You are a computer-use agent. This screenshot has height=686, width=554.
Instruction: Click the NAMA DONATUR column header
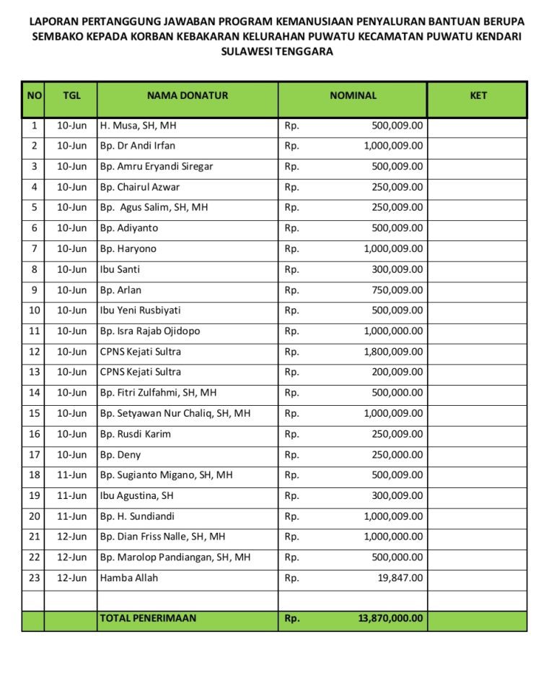pos(188,95)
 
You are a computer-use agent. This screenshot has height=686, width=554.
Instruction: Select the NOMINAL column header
pos(353,95)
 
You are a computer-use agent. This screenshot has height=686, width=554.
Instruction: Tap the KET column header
pos(478,95)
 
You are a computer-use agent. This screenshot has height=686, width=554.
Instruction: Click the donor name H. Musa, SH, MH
pos(138,126)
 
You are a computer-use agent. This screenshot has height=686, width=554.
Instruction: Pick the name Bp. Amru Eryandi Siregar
pos(157,167)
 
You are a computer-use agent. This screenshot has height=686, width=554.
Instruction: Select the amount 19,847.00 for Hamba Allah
pos(403,578)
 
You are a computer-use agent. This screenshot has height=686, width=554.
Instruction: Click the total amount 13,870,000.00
pos(390,619)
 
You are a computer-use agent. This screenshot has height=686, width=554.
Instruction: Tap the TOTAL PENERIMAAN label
pos(148,619)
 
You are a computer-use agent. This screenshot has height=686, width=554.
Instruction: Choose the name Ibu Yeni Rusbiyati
pos(141,311)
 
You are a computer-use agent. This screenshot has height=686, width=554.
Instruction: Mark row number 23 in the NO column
pos(33,578)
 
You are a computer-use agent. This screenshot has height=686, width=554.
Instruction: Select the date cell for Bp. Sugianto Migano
pos(71,475)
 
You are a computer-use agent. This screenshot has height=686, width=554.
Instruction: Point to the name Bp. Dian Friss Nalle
pos(162,537)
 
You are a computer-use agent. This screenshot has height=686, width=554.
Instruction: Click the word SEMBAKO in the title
pos(56,37)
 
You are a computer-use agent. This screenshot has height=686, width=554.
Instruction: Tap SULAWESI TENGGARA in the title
pos(277,52)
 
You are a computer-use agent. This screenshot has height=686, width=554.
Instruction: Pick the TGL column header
pos(71,95)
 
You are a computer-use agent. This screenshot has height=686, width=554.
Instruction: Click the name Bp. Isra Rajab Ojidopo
pos(150,331)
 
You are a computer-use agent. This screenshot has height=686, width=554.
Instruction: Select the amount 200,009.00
pos(397,373)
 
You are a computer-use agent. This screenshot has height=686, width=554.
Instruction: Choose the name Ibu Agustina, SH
pos(137,496)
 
